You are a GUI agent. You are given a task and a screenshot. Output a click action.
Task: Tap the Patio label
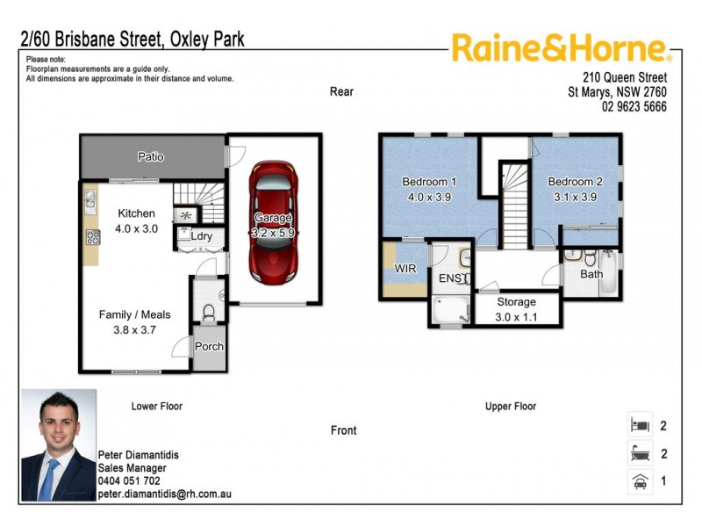(151, 157)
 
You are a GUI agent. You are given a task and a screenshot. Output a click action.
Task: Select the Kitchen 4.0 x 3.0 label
(136, 220)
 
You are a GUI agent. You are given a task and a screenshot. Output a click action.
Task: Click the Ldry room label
(200, 236)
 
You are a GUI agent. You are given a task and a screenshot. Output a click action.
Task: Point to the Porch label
(209, 347)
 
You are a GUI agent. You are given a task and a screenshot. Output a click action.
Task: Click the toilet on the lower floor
(209, 311)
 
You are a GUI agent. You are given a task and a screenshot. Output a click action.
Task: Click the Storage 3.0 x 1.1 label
(517, 309)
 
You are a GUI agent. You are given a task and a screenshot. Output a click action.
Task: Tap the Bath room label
(591, 275)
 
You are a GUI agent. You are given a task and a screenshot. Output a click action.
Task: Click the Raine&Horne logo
(562, 48)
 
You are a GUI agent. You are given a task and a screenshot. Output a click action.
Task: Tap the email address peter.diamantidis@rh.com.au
(164, 495)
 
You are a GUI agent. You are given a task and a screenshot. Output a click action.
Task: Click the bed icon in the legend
(639, 426)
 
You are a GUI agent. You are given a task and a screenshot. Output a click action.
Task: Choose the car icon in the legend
(639, 481)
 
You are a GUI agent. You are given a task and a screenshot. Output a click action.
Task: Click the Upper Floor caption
(511, 407)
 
